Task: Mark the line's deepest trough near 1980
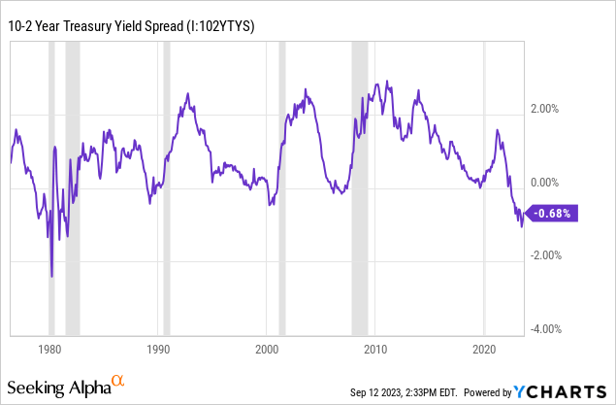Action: click(x=51, y=276)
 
